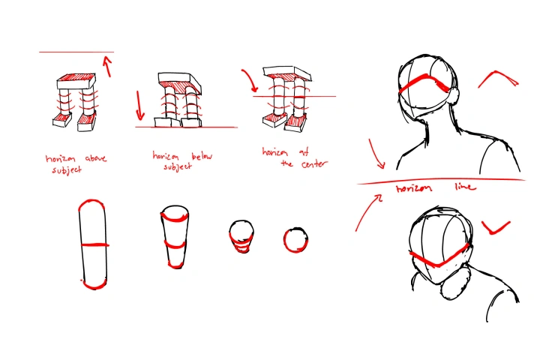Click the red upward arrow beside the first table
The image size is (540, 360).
(109, 67)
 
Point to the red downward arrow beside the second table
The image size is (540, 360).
(139, 104)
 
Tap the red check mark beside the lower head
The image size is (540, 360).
(495, 226)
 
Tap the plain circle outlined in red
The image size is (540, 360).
(295, 240)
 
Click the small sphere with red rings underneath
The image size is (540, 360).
(239, 235)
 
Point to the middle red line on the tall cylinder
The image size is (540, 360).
(93, 244)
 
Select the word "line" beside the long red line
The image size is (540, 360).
(464, 187)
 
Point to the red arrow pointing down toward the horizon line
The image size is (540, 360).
(376, 154)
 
